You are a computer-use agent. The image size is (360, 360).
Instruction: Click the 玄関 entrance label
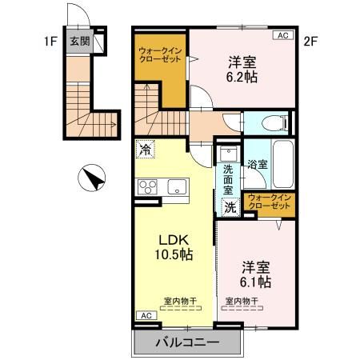(78, 42)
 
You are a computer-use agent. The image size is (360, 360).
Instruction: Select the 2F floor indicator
(311, 38)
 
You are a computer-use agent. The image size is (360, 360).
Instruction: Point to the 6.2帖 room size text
(241, 78)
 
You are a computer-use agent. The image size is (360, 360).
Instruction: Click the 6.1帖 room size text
(255, 282)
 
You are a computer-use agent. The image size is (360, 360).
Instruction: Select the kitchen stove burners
(148, 186)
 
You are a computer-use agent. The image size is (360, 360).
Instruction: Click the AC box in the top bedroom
(282, 36)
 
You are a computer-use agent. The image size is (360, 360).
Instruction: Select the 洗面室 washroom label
(229, 181)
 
